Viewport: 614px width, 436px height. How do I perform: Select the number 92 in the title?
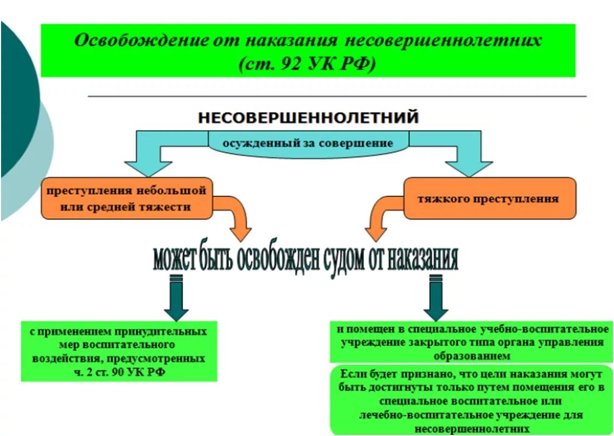pos(284,63)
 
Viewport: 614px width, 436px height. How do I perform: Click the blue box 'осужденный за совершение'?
pos(308,144)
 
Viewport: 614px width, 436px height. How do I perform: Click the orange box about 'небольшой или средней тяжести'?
pos(126,199)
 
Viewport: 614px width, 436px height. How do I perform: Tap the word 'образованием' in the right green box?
pos(472,356)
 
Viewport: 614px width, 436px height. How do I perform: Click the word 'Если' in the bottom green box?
pos(353,374)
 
